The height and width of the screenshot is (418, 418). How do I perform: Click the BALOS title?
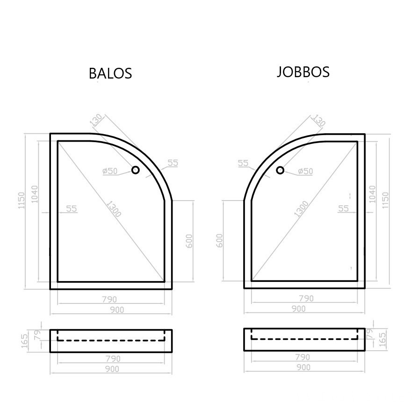point(110,73)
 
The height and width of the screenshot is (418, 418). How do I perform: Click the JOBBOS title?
point(303,72)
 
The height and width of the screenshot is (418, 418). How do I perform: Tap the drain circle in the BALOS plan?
point(136,170)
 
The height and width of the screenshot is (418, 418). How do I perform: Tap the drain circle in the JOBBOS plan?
point(280,170)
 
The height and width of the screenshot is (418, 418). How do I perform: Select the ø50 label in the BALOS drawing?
point(110,171)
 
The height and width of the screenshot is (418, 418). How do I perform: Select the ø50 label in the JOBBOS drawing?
point(305,171)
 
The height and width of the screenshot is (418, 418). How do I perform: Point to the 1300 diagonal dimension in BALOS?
point(114,209)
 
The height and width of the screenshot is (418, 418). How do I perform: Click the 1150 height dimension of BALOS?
point(22,201)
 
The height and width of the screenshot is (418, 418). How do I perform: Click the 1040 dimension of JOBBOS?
point(372,194)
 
